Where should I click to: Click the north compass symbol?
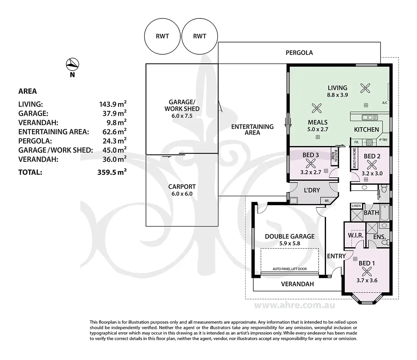click(x=72, y=64)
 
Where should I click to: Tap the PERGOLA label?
click(x=299, y=53)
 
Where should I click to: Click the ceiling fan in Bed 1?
click(x=367, y=272)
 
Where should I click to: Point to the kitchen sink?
click(x=370, y=117)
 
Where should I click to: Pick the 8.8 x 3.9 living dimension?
click(x=337, y=95)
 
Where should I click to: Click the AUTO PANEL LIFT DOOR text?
click(x=290, y=269)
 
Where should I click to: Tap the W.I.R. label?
click(x=356, y=235)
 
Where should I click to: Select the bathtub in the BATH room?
click(x=385, y=213)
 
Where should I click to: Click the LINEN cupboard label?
click(x=356, y=206)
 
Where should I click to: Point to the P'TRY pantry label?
click(x=383, y=140)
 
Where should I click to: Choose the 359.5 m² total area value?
click(x=112, y=172)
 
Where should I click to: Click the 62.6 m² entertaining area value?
click(x=114, y=131)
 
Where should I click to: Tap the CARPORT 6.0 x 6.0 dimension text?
click(x=182, y=194)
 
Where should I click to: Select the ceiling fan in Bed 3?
click(x=311, y=163)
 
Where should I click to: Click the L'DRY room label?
click(x=312, y=190)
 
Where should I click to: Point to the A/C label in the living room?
click(x=385, y=103)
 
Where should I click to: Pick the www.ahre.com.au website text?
click(x=295, y=305)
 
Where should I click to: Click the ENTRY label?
click(x=336, y=256)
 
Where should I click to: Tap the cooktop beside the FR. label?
click(x=369, y=143)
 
